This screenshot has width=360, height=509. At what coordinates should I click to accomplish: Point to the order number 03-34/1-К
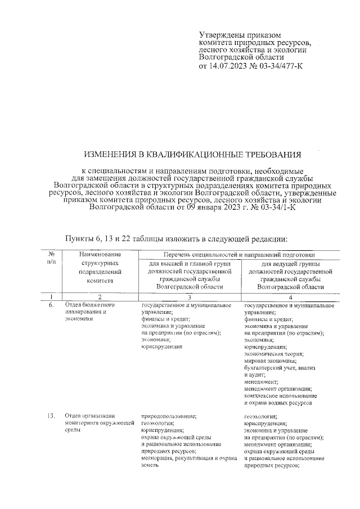pyautogui.click(x=275, y=207)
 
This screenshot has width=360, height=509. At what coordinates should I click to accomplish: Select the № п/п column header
pyautogui.click(x=51, y=259)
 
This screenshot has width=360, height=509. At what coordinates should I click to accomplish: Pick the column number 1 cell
pyautogui.click(x=51, y=296)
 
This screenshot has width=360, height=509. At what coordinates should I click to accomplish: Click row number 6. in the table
pyautogui.click(x=51, y=304)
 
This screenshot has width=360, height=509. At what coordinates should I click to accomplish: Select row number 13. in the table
pyautogui.click(x=51, y=416)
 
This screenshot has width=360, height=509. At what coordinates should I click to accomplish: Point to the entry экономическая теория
pyautogui.click(x=274, y=354)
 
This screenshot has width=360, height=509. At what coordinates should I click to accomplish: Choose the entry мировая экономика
pyautogui.click(x=271, y=361)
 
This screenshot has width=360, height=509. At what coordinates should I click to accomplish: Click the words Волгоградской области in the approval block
pyautogui.click(x=241, y=57)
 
